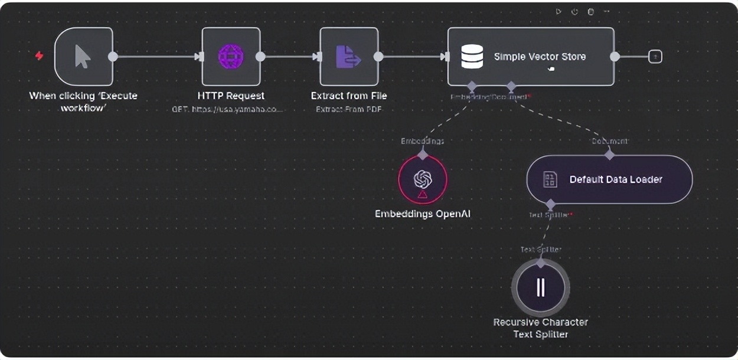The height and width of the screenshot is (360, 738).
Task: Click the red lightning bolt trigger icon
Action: point(39,55)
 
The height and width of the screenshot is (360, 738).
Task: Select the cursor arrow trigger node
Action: point(83,57)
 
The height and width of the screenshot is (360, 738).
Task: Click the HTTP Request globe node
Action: point(231,57)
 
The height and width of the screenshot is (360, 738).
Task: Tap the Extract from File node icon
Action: point(348,57)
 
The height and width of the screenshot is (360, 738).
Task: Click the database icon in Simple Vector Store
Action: point(472,57)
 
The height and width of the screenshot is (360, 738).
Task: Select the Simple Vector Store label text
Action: point(540,57)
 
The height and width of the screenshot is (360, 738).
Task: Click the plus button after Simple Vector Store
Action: point(655,57)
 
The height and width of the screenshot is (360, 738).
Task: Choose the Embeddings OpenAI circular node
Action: point(423,179)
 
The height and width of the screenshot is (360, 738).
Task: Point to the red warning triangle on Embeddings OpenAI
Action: point(423,194)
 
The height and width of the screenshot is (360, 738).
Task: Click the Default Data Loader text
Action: point(616,179)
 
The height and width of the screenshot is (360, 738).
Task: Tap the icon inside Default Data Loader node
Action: point(550,179)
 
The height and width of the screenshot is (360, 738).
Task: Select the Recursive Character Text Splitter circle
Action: point(540,287)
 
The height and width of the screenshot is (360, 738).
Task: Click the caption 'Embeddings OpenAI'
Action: point(423,214)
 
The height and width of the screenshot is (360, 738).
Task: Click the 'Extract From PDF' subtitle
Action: point(348,109)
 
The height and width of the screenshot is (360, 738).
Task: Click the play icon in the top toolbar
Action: point(559,11)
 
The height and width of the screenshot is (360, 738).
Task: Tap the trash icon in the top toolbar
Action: point(590,11)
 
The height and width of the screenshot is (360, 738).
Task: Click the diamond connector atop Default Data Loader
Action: point(609,155)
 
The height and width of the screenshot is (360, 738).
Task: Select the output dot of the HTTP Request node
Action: point(260,57)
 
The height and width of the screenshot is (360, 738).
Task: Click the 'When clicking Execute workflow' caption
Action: point(83,101)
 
